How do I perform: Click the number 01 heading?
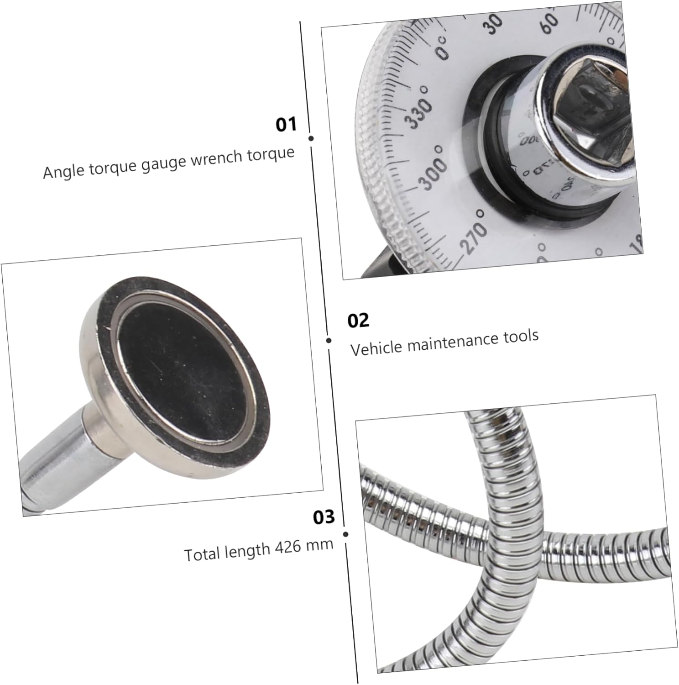[x=286, y=124]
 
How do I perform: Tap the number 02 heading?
[x=358, y=321]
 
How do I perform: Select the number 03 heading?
[x=324, y=517]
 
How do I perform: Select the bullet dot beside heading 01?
[x=311, y=138]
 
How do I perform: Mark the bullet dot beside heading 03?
[x=345, y=534]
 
